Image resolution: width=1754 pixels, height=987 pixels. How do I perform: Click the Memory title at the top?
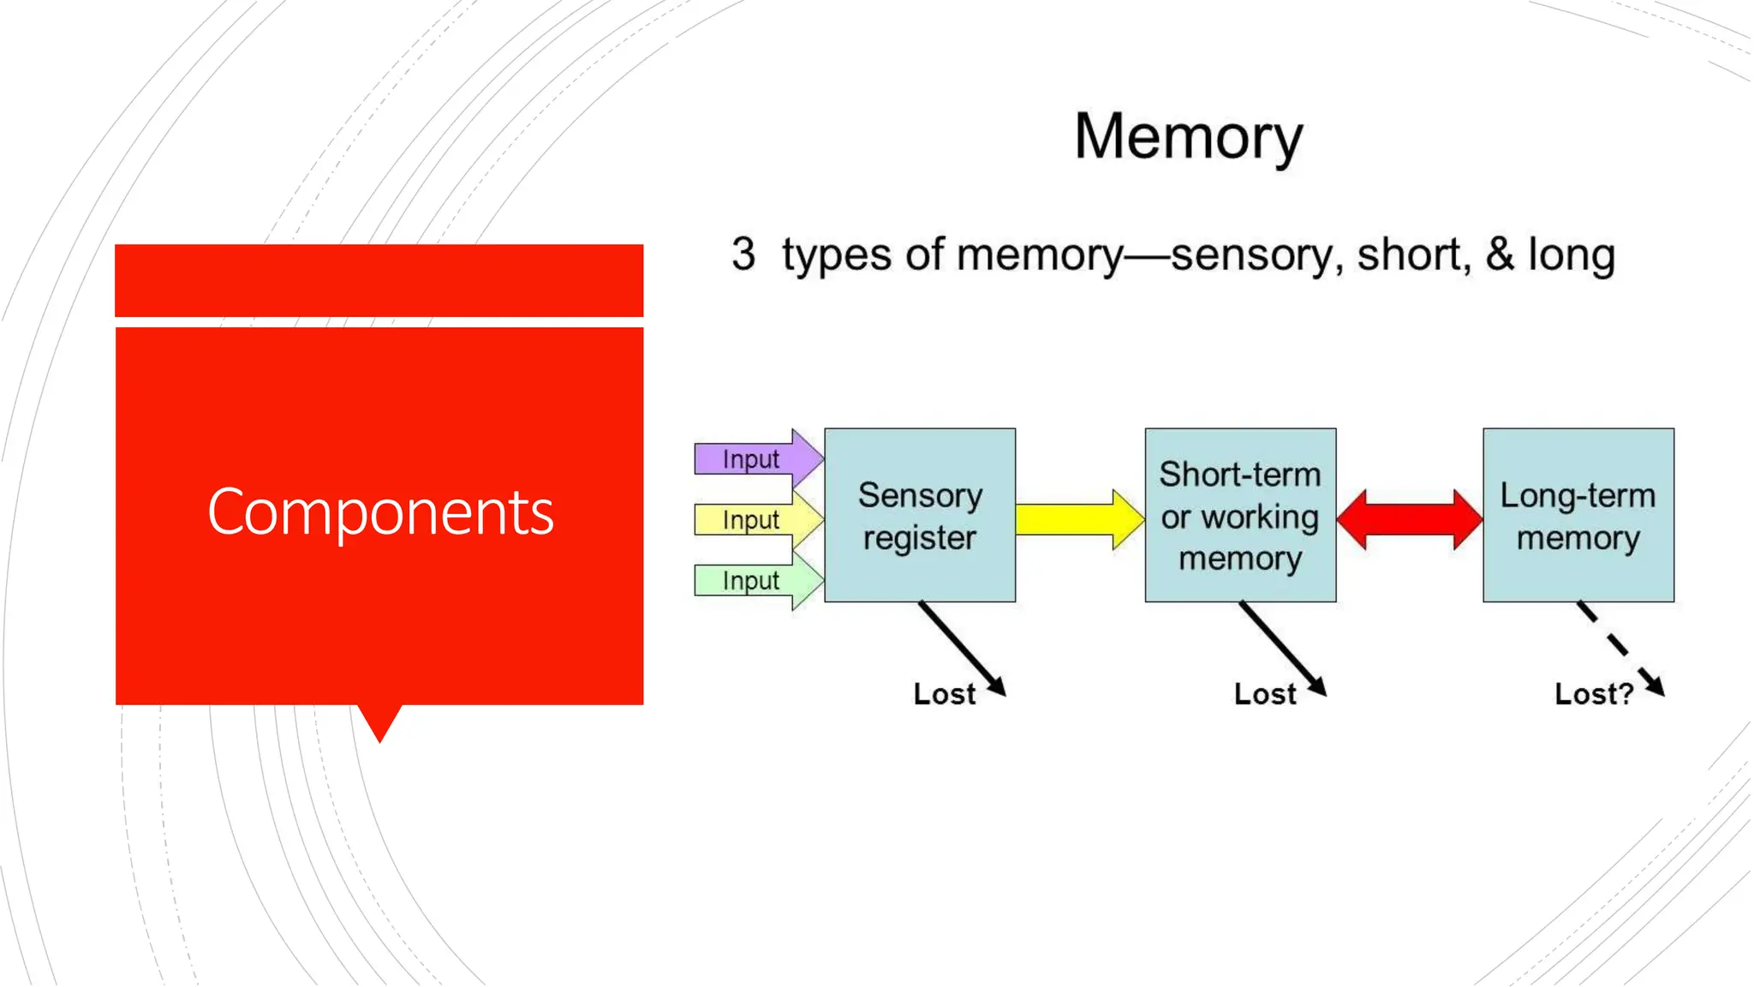tap(1188, 137)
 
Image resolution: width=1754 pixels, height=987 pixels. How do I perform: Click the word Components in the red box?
tap(380, 512)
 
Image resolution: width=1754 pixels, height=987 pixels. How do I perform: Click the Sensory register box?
tap(920, 516)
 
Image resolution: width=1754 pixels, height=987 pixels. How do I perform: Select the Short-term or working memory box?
tap(1240, 516)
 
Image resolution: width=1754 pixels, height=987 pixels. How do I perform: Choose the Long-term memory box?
tap(1578, 516)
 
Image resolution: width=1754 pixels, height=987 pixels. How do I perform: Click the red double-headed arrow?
tap(1409, 519)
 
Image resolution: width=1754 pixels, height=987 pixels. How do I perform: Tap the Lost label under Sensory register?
tap(944, 694)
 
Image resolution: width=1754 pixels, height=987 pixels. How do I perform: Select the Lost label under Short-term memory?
tap(1264, 694)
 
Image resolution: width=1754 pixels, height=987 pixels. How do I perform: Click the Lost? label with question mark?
tap(1593, 694)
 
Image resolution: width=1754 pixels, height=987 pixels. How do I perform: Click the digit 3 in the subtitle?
tap(743, 254)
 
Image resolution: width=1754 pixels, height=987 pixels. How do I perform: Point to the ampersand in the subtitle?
tap(1499, 254)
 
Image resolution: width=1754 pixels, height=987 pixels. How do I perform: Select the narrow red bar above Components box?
tap(379, 280)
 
